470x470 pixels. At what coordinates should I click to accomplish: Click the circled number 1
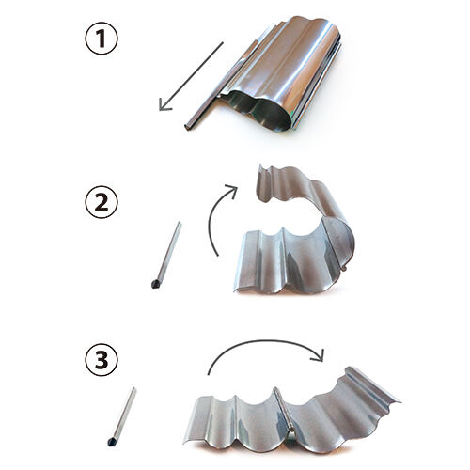pos(102,39)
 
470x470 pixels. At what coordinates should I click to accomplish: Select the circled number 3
pos(102,360)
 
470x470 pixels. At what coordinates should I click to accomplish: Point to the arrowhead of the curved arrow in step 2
pos(232,189)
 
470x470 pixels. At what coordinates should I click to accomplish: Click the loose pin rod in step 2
pos(166,255)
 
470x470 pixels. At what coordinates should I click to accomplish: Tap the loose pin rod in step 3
pos(122,416)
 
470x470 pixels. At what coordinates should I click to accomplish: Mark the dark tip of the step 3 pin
pos(112,442)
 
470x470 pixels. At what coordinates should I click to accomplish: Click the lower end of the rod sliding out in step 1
pos(187,126)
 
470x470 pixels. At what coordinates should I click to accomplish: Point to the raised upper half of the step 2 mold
pos(301,191)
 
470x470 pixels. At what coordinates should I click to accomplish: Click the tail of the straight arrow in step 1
pos(223,42)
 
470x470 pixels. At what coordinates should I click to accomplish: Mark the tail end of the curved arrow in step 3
pos(209,373)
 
